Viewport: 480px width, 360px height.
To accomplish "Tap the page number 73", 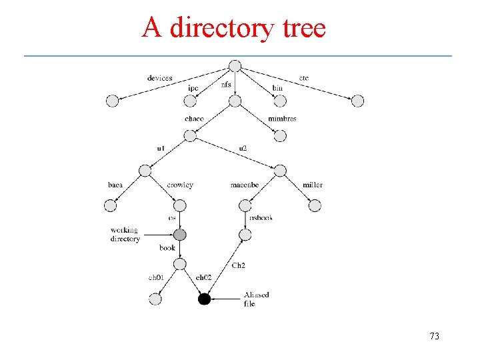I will pos(434,336).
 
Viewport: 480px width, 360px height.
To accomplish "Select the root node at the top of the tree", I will pos(234,65).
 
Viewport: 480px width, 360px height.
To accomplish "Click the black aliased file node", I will pos(204,299).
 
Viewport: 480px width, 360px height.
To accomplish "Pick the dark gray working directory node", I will pos(180,235).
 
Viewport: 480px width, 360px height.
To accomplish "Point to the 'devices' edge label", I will pos(160,78).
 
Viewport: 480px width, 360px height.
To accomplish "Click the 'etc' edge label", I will pos(304,78).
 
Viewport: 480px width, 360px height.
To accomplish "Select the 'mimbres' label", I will pos(282,119).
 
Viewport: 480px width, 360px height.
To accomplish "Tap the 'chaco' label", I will pos(195,119).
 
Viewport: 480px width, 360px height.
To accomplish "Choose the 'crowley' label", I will pos(180,185).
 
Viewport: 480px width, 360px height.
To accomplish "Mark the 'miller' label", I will pos(313,185).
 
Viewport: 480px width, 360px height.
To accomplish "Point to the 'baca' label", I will pos(115,185).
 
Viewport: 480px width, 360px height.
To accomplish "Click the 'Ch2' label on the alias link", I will pos(238,265).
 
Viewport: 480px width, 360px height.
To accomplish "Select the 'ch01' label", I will pos(156,277).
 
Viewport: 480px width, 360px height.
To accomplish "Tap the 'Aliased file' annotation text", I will pos(256,299).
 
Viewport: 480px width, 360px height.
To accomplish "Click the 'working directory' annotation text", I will pos(125,234).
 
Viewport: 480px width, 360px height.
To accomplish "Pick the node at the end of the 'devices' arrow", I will pos(112,101).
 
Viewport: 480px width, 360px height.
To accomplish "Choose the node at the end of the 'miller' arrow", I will pos(315,206).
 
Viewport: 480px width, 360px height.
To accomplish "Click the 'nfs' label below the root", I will pos(226,85).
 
